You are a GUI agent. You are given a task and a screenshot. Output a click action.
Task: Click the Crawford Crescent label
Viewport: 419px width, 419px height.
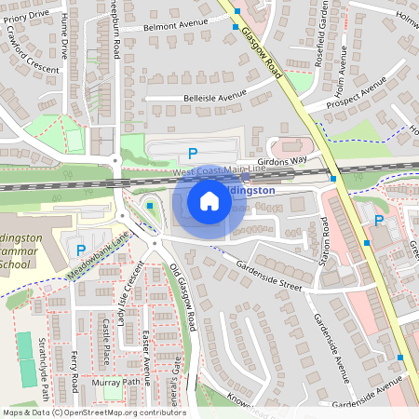click(x=30, y=55)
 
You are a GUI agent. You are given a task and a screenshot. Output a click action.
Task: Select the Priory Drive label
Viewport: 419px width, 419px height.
click(x=25, y=16)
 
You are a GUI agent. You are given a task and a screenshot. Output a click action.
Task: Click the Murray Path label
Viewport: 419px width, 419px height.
click(x=117, y=382)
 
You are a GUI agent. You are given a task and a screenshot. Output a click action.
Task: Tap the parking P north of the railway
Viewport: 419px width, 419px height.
click(x=193, y=154)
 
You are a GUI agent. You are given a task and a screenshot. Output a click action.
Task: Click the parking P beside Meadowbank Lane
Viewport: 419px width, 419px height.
click(x=81, y=250)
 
